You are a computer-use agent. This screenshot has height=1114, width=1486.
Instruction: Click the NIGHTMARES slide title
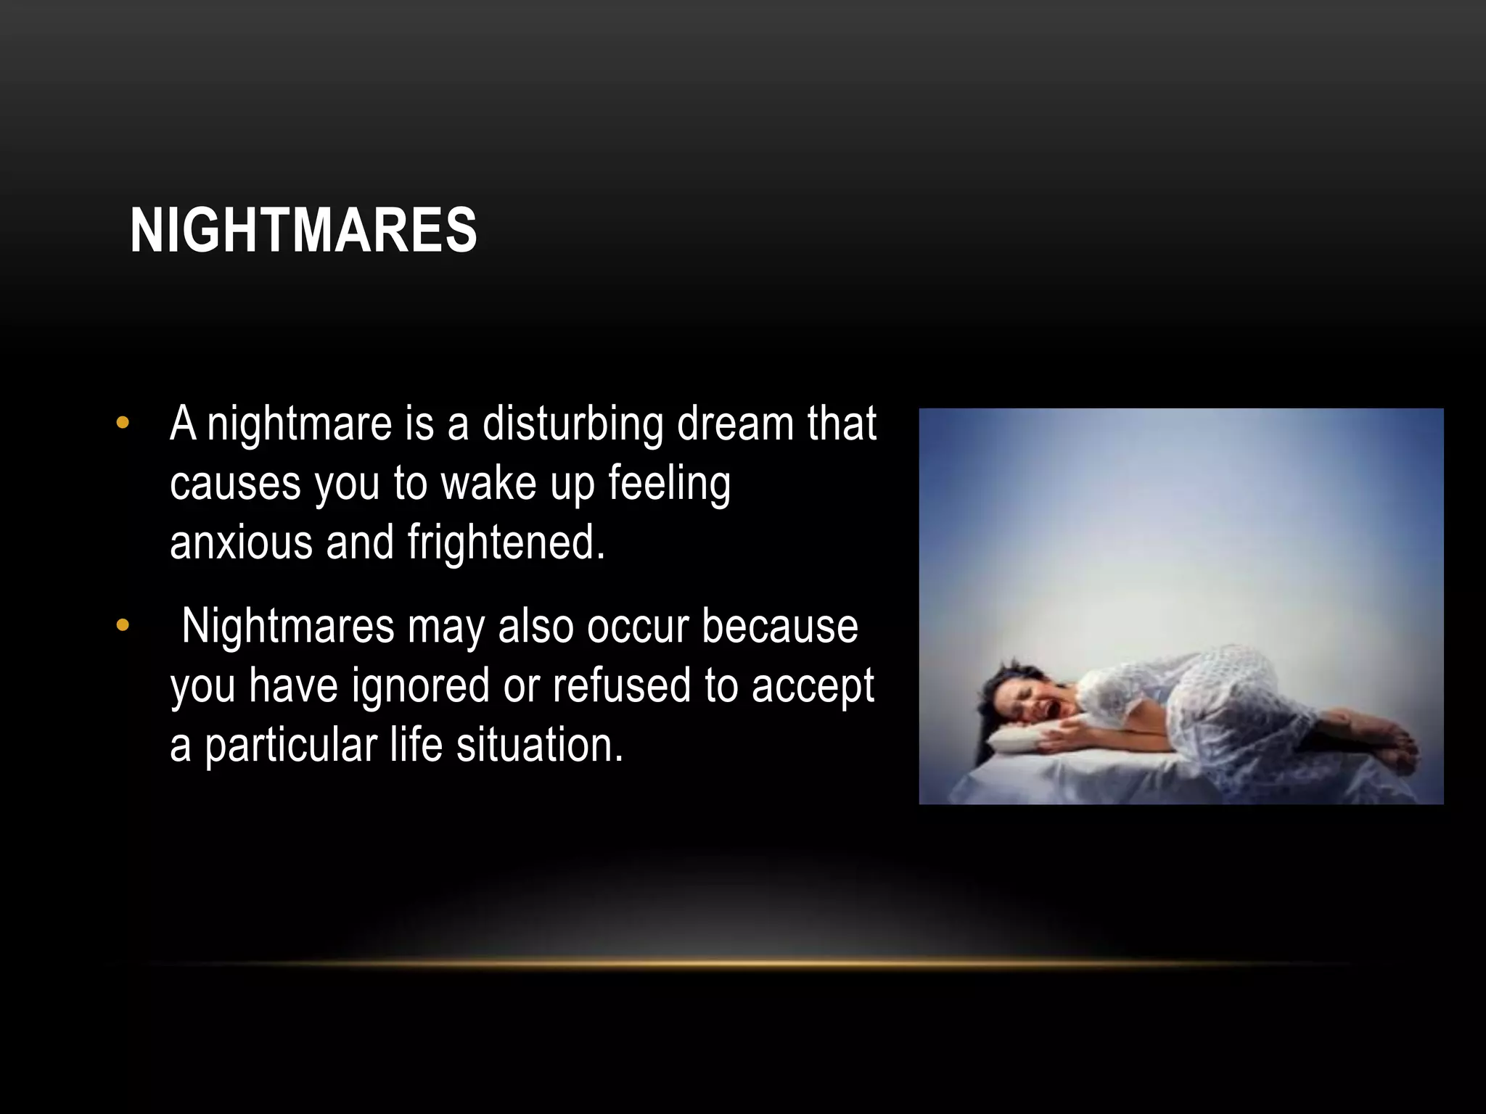pos(303,230)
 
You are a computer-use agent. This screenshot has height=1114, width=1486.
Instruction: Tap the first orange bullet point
pos(123,423)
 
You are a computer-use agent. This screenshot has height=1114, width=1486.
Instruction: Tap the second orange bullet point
pos(123,624)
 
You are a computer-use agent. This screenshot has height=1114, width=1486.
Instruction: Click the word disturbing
pos(572,424)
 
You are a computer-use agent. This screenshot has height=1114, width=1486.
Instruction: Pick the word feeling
pos(669,484)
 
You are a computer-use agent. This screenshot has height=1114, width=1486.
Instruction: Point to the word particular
pos(291,746)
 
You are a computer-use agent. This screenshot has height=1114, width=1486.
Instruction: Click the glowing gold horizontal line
pos(747,964)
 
